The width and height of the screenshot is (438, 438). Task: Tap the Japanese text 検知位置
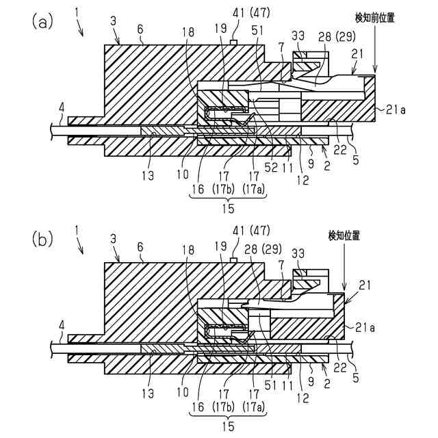344,235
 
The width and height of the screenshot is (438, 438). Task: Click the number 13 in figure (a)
147,175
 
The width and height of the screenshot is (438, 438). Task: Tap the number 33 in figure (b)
299,255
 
